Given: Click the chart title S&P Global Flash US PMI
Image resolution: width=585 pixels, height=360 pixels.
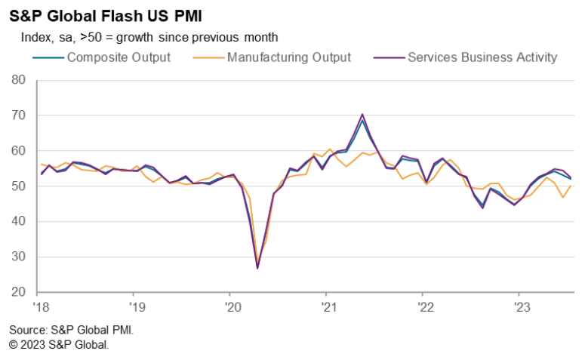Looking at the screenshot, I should click(105, 16).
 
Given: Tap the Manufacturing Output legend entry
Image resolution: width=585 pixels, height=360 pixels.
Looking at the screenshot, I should click(289, 57).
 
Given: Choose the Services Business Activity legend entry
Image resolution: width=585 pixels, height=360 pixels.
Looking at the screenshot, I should click(482, 57).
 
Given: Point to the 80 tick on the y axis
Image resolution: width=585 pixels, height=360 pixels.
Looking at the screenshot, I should click(19, 80).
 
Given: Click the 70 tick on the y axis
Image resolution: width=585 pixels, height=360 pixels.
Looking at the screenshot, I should click(19, 115).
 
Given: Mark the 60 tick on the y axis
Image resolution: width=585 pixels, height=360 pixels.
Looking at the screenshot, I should click(19, 151).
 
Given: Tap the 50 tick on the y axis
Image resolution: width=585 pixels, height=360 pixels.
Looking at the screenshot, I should click(19, 186).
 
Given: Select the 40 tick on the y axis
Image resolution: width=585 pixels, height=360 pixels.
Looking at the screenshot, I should click(19, 222).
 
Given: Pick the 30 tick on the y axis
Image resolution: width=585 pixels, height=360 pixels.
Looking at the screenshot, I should click(19, 257).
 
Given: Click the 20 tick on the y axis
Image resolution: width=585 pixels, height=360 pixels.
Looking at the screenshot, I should click(19, 293).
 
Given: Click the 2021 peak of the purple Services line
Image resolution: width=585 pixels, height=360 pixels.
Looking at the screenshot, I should click(363, 115).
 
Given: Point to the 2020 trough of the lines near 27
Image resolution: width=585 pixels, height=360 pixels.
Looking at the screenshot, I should click(257, 267).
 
